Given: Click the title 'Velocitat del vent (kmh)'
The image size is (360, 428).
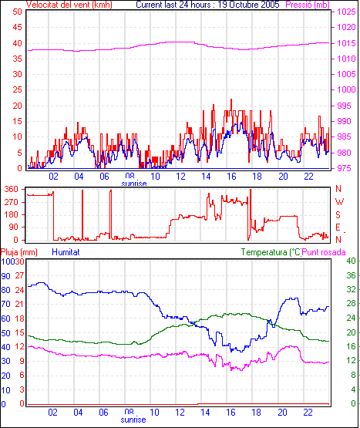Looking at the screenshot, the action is point(69,5).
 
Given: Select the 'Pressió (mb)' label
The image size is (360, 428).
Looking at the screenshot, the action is point(308,5).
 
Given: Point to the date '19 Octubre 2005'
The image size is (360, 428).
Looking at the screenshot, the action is point(249,5).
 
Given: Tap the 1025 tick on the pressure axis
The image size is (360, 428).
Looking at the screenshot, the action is point(346,12).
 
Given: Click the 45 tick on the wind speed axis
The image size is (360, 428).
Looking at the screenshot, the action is point(17,27).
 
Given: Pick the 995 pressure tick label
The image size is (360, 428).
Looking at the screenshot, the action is point(346,106).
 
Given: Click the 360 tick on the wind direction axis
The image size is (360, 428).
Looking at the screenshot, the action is point(12,189).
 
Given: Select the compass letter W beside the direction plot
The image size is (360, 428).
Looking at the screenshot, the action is point(339,202).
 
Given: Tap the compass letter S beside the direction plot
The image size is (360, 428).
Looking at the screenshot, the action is point(338,215).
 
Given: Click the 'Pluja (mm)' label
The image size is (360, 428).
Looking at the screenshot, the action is point(19,252).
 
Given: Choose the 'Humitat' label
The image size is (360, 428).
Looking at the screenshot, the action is point(66,252).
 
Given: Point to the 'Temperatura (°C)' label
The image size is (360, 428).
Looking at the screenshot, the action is point(271,252).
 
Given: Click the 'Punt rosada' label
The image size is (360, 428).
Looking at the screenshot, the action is point(324,252).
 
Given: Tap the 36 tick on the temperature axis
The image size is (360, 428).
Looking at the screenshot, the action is point(351,275).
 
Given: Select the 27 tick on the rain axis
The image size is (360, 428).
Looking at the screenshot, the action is point(19,275).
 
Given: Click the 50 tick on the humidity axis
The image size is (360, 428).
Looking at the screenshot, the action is point(5,333).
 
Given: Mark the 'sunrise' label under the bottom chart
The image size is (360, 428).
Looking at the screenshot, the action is point(133,420).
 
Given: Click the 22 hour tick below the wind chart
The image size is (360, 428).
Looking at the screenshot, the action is point(308,177).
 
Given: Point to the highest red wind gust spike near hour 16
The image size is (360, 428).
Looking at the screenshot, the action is point(231,99).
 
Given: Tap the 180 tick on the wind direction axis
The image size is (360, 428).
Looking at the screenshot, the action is point(12,215).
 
